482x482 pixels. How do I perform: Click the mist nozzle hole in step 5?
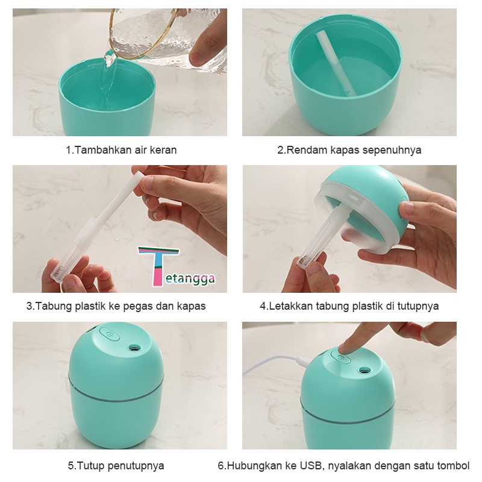(x=133, y=348)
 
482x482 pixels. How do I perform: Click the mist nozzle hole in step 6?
(x=365, y=370)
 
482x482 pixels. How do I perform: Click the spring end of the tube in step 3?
(x=57, y=274)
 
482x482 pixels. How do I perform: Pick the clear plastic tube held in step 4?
(x=321, y=237)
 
